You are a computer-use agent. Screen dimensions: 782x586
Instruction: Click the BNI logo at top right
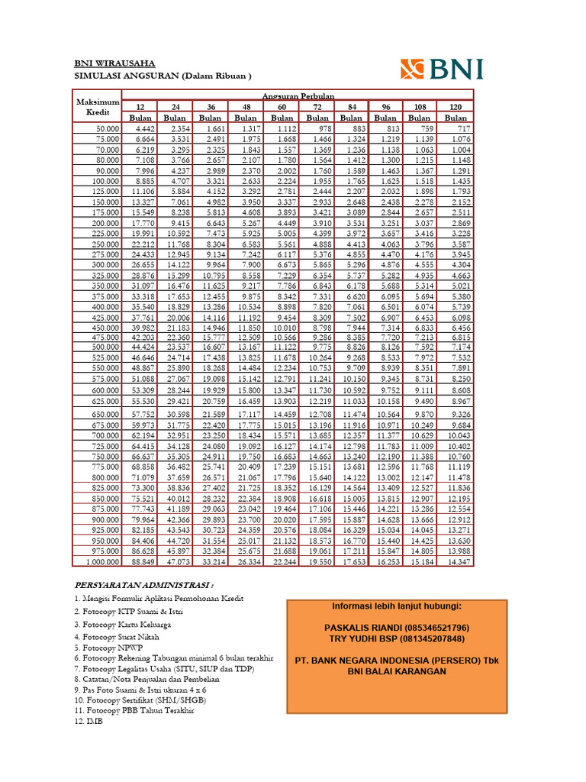442,69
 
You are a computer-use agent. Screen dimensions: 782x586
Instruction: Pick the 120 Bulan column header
455,111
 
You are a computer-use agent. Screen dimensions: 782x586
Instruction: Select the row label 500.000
104,347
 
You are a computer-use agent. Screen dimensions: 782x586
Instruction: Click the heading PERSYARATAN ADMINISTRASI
143,584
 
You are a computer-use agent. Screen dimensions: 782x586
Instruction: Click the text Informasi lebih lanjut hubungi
396,606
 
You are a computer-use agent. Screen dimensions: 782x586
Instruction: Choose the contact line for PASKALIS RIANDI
396,627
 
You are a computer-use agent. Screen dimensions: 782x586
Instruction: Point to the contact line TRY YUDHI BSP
396,638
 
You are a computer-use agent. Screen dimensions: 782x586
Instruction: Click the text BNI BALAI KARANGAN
396,672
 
